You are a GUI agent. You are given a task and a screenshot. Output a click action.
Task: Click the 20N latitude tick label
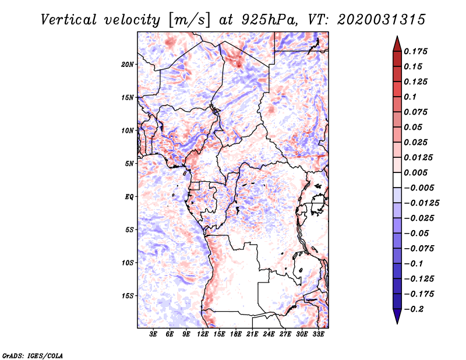point(128,65)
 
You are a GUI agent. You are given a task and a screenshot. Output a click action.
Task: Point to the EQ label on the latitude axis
point(129,197)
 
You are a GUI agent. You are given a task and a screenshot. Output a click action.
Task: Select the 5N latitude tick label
point(129,164)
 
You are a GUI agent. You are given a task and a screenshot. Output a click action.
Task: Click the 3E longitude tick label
point(153,334)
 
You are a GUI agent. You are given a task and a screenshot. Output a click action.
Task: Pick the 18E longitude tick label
point(236,334)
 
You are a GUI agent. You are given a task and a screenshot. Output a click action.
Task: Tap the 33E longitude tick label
point(318,334)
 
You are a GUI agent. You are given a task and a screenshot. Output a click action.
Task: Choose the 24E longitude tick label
point(269,334)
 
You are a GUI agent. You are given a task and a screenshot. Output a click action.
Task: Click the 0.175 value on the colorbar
point(415,51)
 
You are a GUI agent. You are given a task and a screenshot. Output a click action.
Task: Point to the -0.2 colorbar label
point(414,309)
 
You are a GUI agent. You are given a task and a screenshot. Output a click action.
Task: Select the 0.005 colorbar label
point(415,172)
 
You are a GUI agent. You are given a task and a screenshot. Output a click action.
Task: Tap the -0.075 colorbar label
point(419,249)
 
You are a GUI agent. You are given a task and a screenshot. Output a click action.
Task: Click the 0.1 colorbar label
point(410,97)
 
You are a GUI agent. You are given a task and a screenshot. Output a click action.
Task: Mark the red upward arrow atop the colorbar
point(397,44)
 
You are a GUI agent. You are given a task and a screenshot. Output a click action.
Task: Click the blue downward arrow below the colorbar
point(397,316)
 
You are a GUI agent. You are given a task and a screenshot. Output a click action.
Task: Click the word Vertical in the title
point(69,20)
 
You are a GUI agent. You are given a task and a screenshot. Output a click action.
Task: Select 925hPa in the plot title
point(269,20)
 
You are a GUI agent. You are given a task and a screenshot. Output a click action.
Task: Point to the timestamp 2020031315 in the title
point(382,20)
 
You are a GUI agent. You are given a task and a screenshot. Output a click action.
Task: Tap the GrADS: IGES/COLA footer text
point(33,356)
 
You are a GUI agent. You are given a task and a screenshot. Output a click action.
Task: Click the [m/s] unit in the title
point(189,20)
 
